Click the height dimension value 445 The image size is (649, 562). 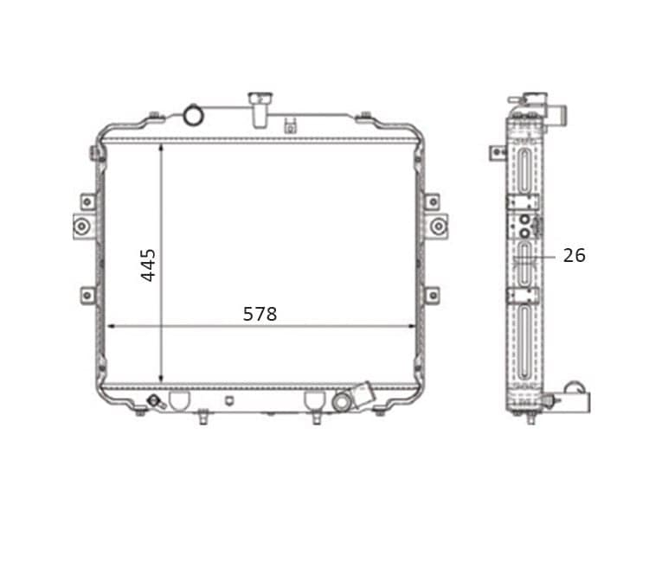point(148,265)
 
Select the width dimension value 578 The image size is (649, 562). point(260,314)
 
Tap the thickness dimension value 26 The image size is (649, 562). point(574,255)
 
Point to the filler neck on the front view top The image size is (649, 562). point(257,108)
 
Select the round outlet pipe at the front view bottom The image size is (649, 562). point(343,402)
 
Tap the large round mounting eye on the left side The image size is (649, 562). point(82,227)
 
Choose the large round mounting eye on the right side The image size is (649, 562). point(438,227)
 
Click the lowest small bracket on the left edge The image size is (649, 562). point(87,296)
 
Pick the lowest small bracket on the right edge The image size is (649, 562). point(432,296)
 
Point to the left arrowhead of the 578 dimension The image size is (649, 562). point(110,326)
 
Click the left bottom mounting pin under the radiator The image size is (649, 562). point(202,418)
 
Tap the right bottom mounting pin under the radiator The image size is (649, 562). point(317,418)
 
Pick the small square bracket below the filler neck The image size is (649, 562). point(290,129)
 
